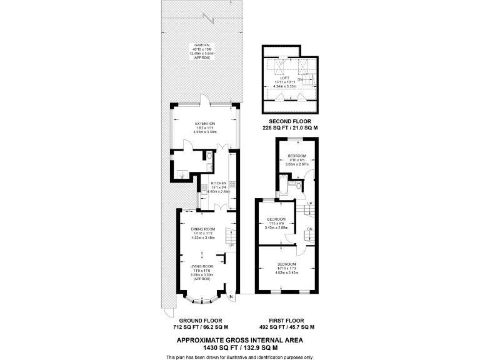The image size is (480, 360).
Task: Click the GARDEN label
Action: pos(201,46)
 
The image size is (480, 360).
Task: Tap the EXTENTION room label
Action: pos(204,124)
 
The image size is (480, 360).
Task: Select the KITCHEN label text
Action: pos(217,183)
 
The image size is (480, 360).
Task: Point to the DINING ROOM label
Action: pos(203,229)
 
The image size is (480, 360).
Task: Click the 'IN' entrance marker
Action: pos(230,296)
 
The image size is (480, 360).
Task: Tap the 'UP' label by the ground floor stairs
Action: pos(231,245)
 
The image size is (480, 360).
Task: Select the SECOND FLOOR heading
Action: pos(286,121)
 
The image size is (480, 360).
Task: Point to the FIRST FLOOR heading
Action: pos(286,320)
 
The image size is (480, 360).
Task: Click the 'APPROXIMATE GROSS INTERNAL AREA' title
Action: pos(239,339)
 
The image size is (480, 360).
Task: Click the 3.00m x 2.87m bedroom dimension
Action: pos(296,164)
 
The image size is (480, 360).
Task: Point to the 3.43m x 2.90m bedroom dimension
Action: pos(277,227)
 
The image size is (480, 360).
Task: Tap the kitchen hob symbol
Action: pos(232,184)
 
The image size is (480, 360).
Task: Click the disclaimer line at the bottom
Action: pos(239,356)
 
